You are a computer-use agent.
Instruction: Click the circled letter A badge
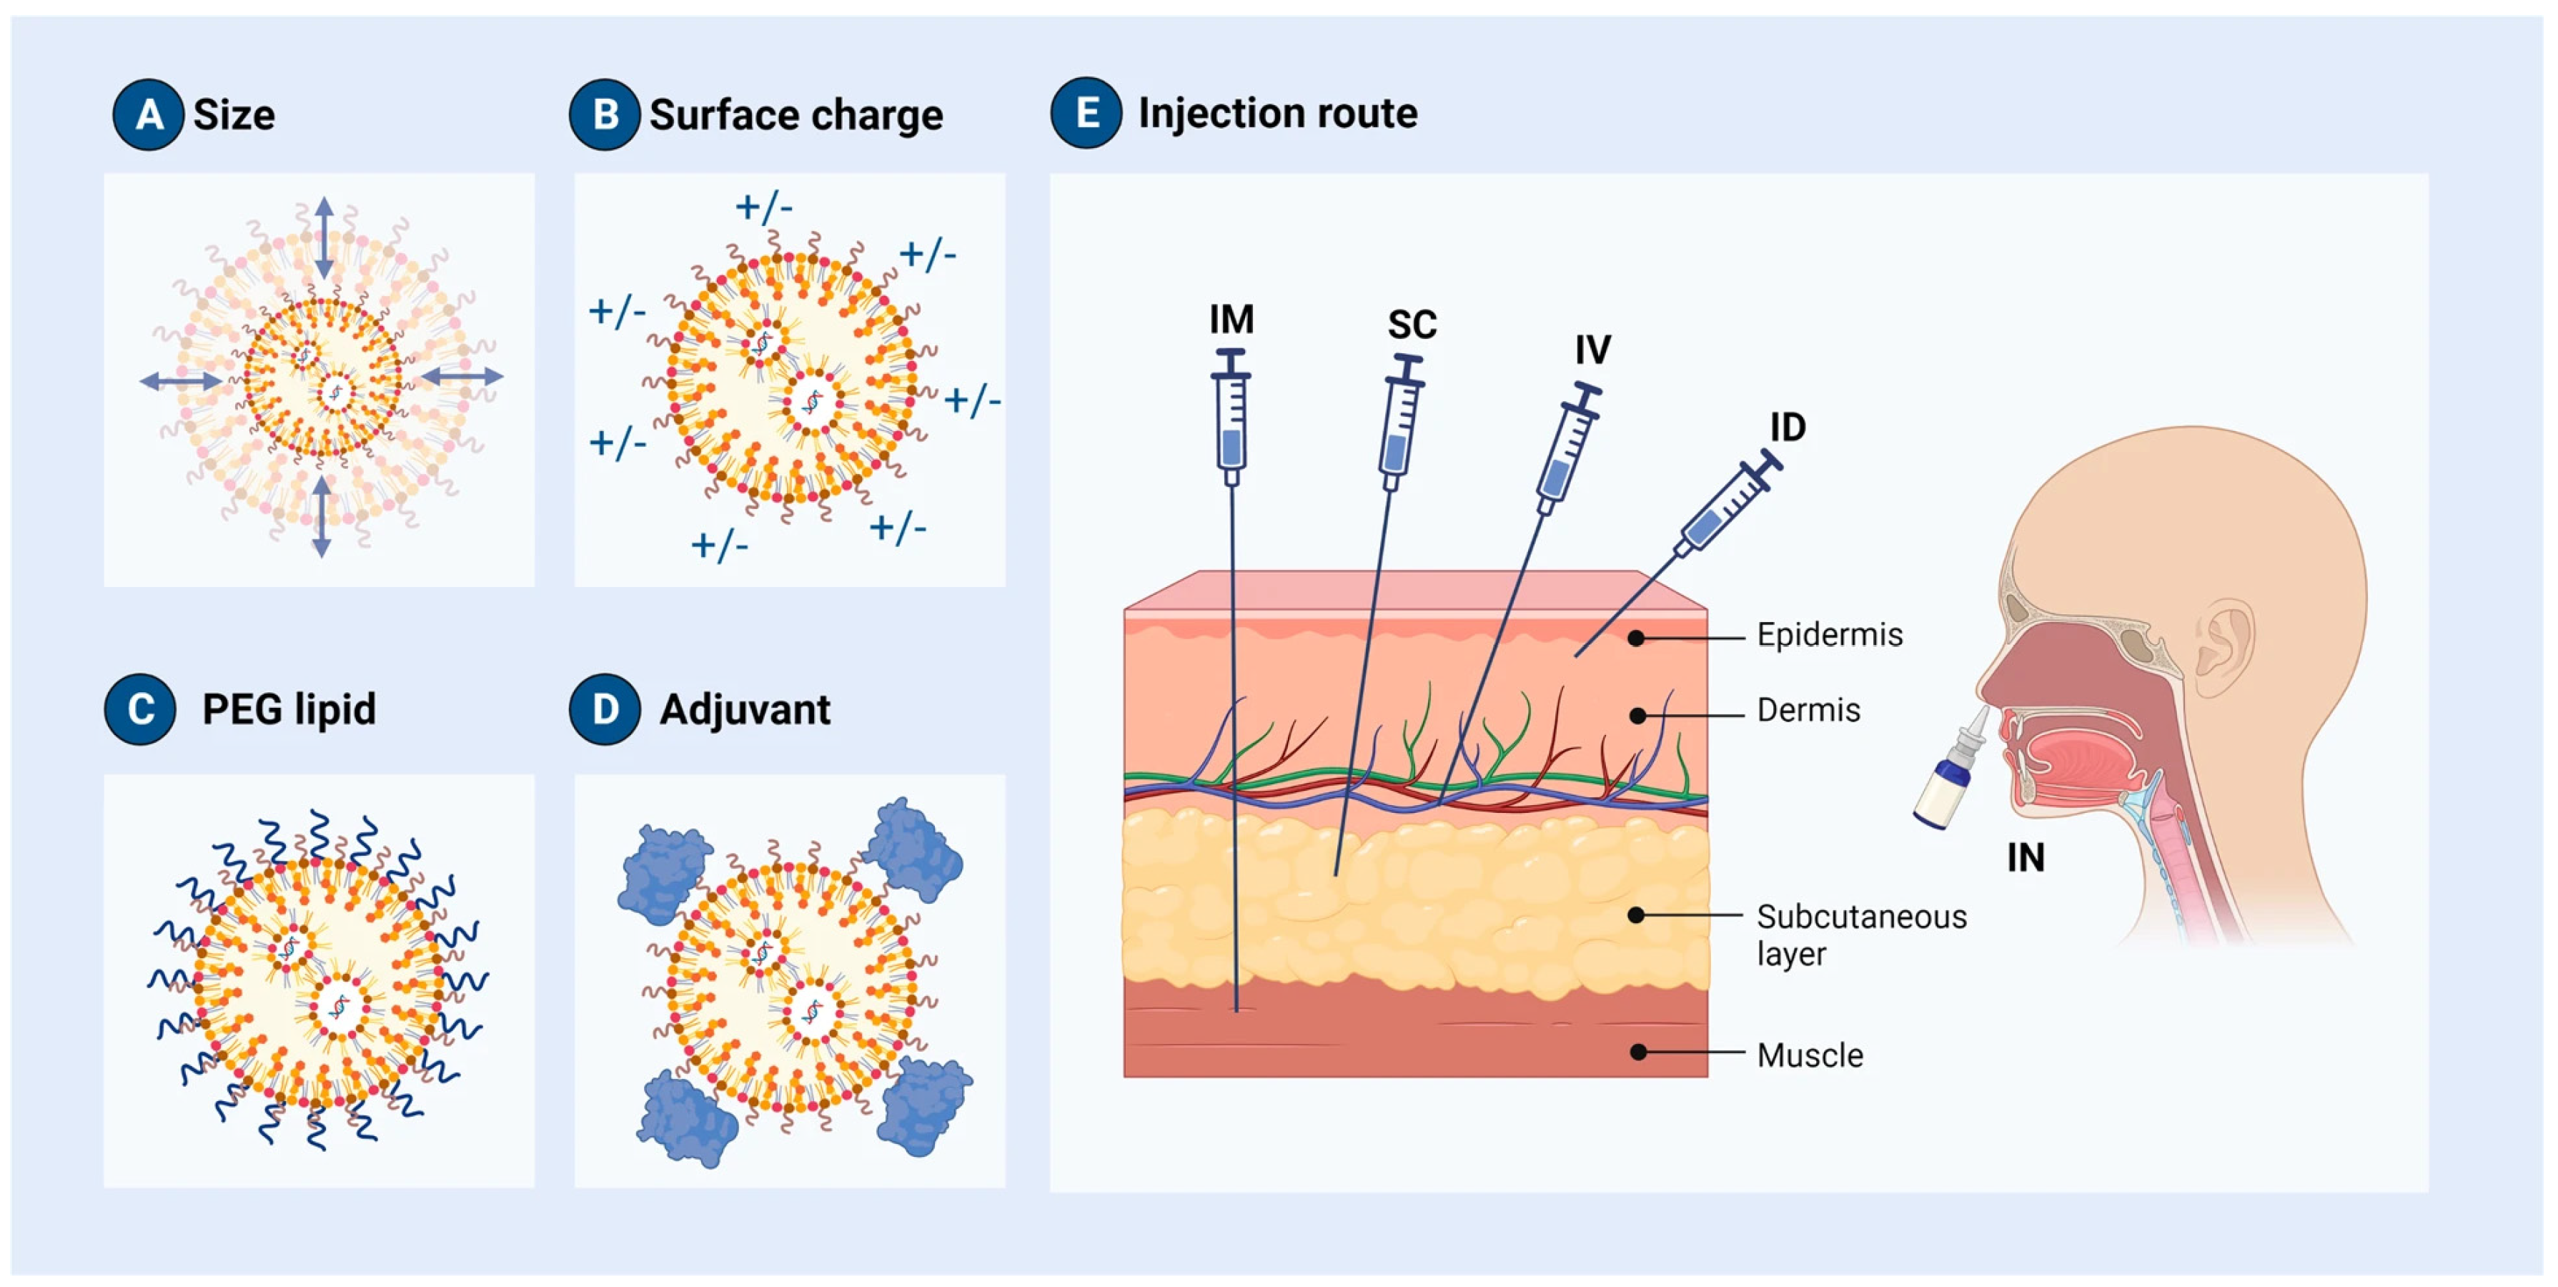[148, 114]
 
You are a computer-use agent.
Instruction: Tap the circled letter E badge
[1086, 112]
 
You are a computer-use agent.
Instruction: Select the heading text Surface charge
[795, 115]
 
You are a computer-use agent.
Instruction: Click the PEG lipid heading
[289, 709]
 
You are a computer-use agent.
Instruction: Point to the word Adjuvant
[745, 709]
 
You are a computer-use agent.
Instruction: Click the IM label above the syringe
[1231, 320]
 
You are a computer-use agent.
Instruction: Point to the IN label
[2025, 857]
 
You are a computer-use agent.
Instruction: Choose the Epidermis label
[1829, 635]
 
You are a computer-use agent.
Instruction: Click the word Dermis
[1808, 710]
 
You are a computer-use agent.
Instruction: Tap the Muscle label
[1809, 1055]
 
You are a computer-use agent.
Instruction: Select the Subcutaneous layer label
[1860, 934]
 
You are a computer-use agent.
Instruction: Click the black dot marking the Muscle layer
[1638, 1052]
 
